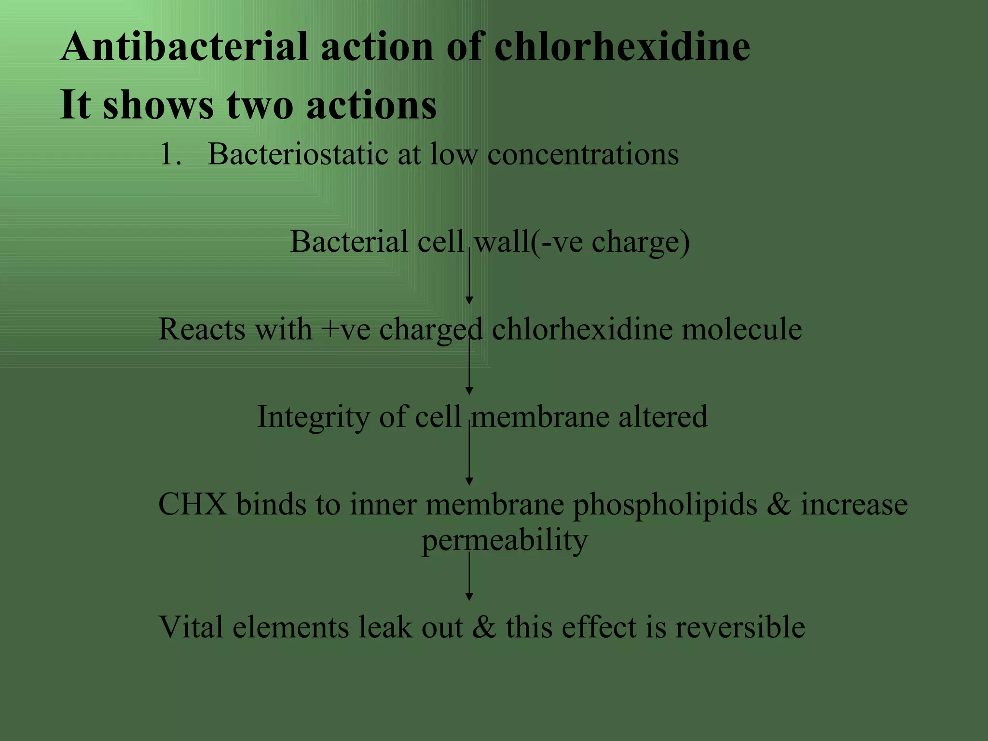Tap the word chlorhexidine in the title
coord(622,47)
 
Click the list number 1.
coord(170,154)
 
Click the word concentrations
coord(583,154)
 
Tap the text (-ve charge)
coord(610,242)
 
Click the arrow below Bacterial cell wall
coord(469,277)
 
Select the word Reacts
coord(201,329)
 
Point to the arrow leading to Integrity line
coord(469,367)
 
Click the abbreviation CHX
coord(192,505)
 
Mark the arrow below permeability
coord(469,576)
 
